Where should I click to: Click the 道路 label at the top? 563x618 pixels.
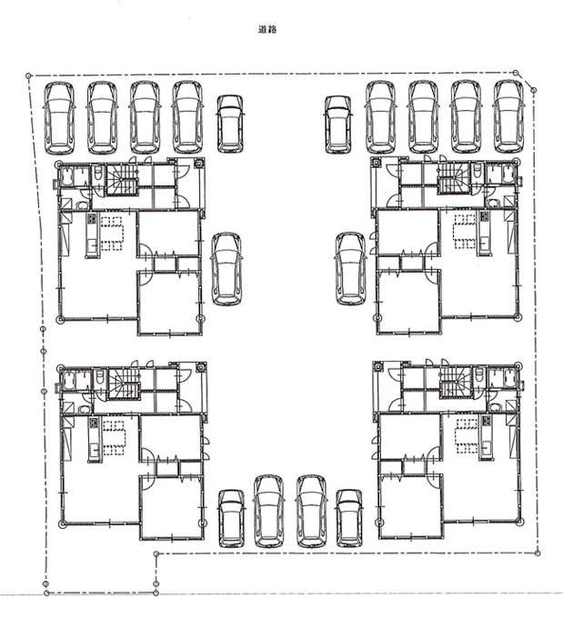click(267, 29)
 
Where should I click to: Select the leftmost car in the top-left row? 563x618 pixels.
click(59, 117)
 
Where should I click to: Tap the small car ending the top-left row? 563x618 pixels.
click(229, 124)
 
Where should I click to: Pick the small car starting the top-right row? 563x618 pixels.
click(337, 125)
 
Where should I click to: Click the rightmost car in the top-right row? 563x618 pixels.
click(509, 116)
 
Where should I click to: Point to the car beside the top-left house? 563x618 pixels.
click(226, 269)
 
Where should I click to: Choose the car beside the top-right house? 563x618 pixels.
click(350, 268)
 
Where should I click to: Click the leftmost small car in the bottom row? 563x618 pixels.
click(231, 519)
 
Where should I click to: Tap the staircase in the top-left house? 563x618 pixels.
click(121, 180)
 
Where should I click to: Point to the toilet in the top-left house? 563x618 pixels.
click(98, 174)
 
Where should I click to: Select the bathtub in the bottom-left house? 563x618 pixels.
click(68, 381)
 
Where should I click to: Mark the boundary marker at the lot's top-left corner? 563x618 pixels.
click(28, 75)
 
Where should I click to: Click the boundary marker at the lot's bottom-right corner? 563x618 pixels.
click(537, 553)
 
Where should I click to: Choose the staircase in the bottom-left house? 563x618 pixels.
click(124, 384)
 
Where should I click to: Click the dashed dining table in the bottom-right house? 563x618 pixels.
click(467, 435)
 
